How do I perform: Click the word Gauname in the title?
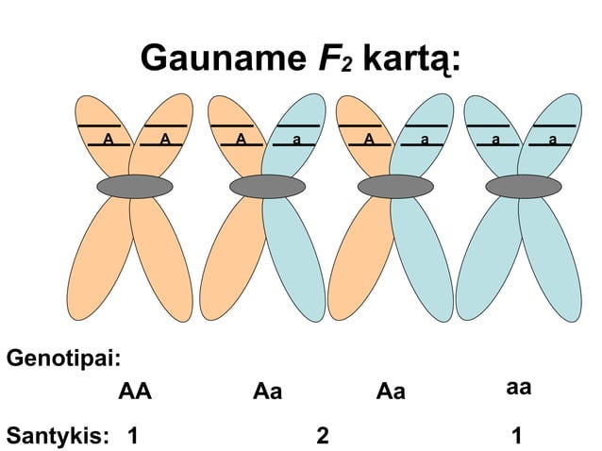tap(224, 58)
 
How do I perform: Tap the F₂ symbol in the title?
tap(335, 58)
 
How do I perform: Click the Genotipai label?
tap(64, 359)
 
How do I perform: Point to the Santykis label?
tap(58, 436)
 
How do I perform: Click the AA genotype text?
tap(135, 392)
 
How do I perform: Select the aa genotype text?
tap(519, 388)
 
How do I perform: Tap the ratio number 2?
tap(323, 436)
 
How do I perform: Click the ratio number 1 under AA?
tap(133, 436)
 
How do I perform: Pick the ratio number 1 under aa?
tap(517, 436)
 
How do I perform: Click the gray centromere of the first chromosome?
tap(135, 187)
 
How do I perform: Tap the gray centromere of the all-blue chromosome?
tap(524, 187)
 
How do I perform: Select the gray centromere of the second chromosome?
tap(268, 187)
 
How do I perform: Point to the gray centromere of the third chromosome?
tap(396, 187)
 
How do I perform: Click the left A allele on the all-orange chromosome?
tap(109, 139)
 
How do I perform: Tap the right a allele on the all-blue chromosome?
tap(553, 140)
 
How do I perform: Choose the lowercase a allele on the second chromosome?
tap(296, 140)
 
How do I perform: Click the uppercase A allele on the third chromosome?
tap(369, 139)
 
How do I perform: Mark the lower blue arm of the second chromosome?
tap(294, 259)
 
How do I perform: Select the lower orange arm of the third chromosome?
tap(360, 259)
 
